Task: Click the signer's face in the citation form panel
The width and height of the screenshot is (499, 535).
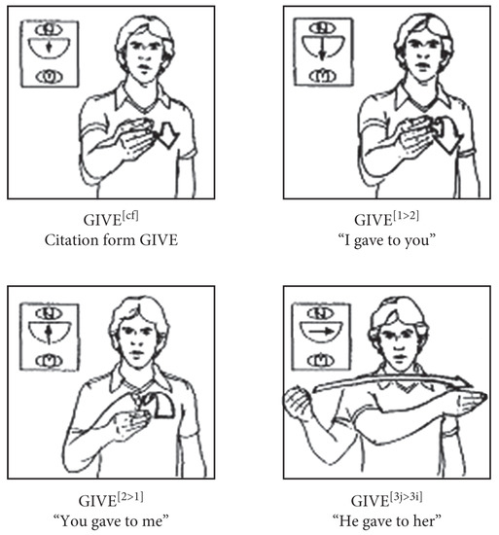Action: coord(136,54)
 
